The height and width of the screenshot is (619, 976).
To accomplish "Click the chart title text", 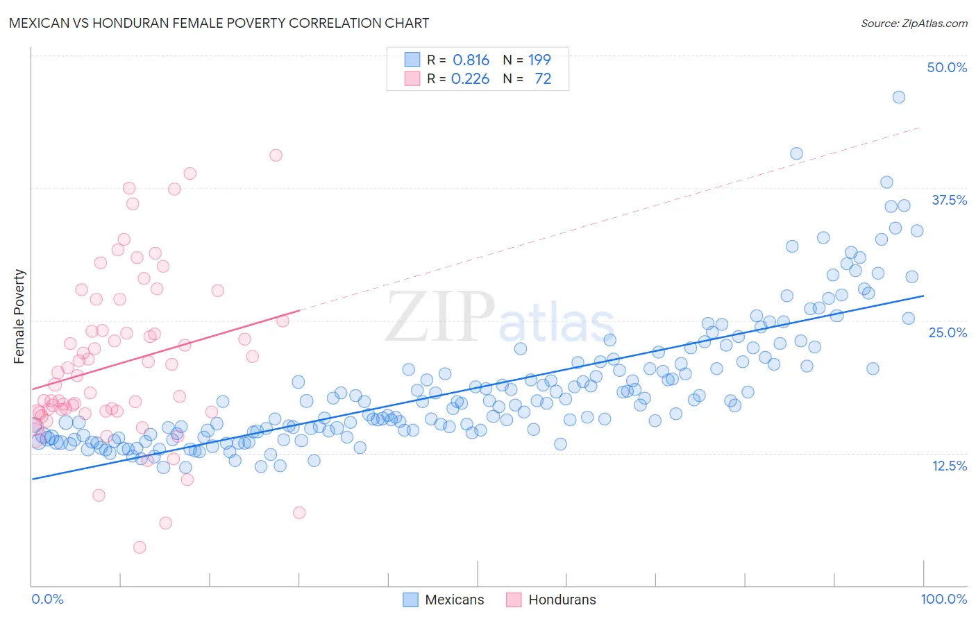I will click(x=219, y=23).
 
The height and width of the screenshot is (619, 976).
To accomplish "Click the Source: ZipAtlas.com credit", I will click(x=914, y=23).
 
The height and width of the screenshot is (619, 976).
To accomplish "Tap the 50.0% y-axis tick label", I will click(x=946, y=67).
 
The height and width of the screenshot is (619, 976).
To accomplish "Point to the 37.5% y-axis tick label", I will click(x=948, y=200).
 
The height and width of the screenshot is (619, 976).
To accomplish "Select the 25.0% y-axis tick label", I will click(x=947, y=332).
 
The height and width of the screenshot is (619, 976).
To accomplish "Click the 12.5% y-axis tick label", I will click(x=948, y=466).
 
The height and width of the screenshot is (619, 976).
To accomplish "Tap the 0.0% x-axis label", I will click(x=47, y=599).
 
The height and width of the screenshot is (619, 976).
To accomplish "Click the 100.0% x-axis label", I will click(x=943, y=599).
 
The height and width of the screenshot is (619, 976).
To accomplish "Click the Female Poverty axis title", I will click(x=19, y=316).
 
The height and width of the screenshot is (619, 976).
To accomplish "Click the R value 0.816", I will click(x=471, y=60).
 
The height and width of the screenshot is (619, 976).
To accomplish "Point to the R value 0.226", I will click(x=470, y=79).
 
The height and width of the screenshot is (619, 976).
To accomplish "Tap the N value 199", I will click(x=539, y=60).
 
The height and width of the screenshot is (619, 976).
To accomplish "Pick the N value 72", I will click(x=543, y=79).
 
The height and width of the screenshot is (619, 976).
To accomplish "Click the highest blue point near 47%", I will click(x=898, y=97).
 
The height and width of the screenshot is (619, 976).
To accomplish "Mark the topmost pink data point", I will click(x=276, y=155).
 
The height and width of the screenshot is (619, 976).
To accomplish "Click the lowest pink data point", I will click(x=140, y=548).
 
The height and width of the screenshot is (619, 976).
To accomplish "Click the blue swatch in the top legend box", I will click(x=412, y=60).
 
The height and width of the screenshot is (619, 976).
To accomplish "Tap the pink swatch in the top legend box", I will click(x=412, y=79).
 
